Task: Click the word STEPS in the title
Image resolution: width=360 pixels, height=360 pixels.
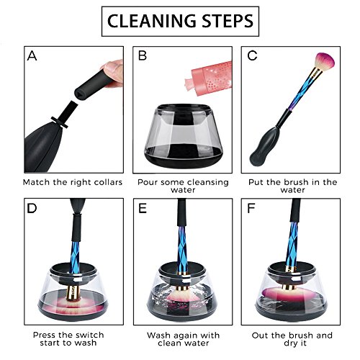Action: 228,21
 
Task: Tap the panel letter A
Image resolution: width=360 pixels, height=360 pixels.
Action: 32,56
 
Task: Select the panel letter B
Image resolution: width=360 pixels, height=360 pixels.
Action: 143,55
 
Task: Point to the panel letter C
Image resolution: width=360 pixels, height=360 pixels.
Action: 252,55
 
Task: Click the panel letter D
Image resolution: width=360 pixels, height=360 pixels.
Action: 32,208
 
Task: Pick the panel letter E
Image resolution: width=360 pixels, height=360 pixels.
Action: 143,208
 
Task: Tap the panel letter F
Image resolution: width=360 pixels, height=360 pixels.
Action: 251,208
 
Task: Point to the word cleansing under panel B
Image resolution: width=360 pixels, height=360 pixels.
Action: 205,183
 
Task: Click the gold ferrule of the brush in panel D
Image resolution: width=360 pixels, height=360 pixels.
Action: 71,292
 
